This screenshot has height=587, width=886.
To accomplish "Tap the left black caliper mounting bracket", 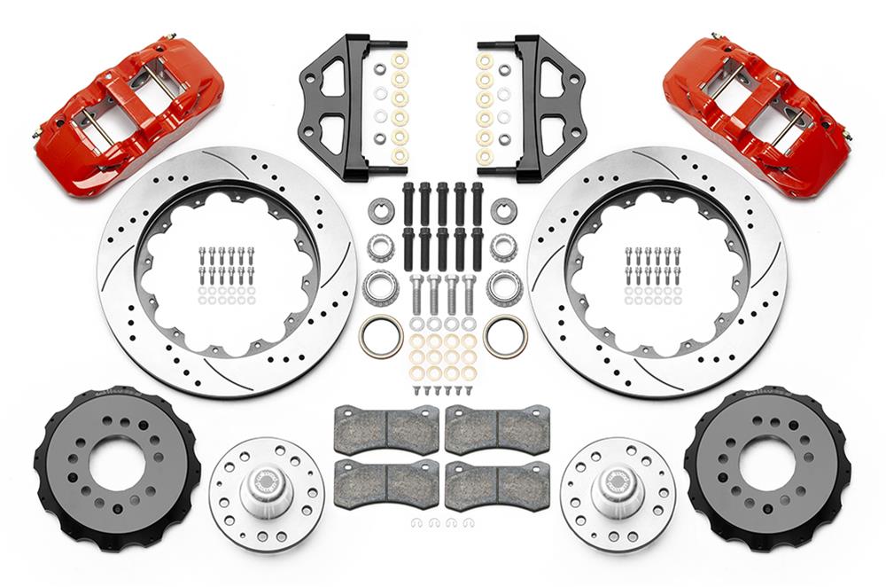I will (x=342, y=106).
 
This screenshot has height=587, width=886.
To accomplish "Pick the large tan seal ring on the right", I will (x=505, y=336).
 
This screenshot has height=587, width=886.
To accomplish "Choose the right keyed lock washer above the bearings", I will (x=504, y=211).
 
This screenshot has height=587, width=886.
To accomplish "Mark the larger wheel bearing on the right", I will (x=504, y=286).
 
